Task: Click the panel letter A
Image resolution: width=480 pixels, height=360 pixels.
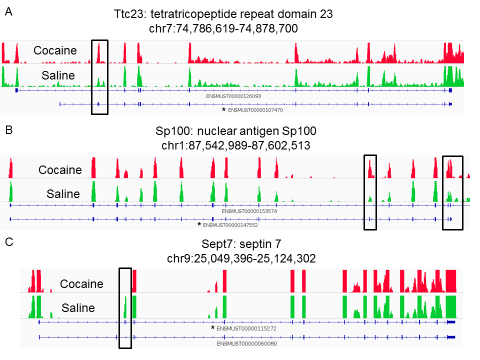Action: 9,11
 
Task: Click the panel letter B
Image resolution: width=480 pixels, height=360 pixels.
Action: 9,130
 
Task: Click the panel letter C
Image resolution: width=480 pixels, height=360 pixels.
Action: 9,242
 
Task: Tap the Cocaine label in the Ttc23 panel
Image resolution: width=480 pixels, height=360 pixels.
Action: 55,50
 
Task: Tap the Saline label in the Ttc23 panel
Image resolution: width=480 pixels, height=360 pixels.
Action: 58,75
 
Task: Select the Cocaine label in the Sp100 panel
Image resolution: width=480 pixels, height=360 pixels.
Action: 60,170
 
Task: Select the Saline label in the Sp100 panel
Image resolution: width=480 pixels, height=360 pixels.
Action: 63,194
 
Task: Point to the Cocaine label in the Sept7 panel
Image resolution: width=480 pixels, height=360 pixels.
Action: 81,284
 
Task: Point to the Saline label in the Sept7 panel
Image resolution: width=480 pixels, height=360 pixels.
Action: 78,307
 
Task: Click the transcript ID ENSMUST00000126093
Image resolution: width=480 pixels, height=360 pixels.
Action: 233,96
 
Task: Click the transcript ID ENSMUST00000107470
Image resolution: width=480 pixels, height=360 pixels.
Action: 255,110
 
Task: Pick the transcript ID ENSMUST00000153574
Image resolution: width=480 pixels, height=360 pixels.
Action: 249,211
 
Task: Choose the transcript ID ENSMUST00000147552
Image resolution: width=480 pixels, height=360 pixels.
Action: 230,225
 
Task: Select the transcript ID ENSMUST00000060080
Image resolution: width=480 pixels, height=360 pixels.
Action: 247,344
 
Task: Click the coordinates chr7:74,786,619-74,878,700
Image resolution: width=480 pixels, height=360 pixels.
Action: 223,29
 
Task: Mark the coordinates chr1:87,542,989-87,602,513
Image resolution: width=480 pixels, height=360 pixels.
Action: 235,145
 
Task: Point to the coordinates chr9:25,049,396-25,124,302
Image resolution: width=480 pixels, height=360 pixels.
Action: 241,258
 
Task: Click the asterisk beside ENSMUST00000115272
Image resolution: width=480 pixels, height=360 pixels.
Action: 213,328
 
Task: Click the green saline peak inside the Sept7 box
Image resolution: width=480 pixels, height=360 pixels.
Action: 125,307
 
